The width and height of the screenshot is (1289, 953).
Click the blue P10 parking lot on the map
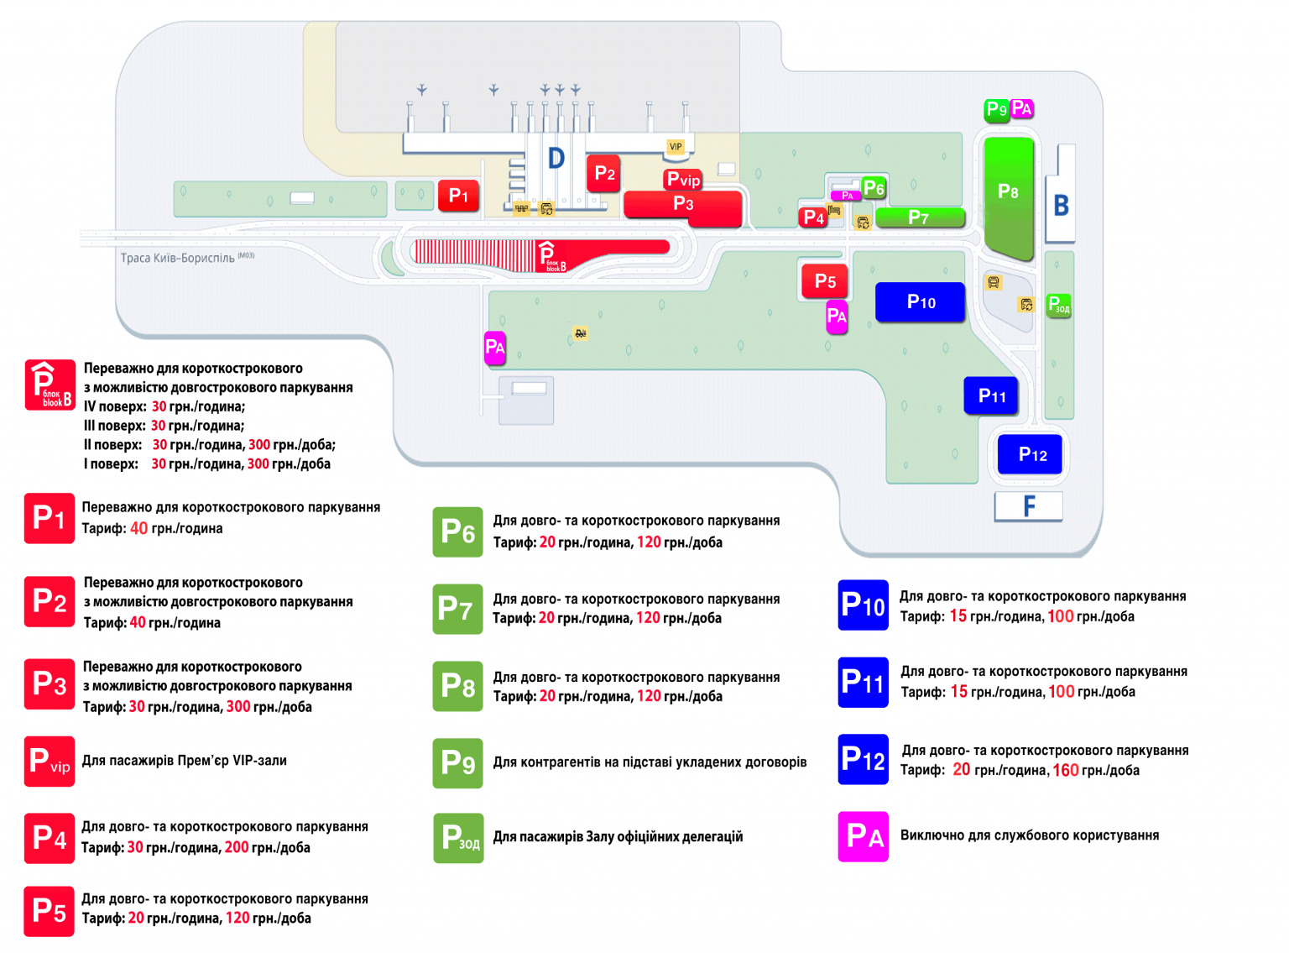tap(920, 302)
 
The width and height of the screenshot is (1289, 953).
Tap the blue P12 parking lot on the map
tap(1030, 454)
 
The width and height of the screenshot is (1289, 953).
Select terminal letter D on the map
tap(556, 158)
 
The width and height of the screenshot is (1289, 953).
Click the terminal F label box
tap(1028, 506)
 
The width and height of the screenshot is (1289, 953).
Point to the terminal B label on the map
tap(1061, 205)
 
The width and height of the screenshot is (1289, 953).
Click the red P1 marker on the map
tap(458, 196)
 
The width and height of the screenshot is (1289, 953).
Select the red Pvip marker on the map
tap(683, 180)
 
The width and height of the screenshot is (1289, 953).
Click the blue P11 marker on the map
tap(991, 395)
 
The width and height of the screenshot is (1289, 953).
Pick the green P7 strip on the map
tap(920, 218)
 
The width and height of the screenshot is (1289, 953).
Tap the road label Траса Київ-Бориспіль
tap(177, 258)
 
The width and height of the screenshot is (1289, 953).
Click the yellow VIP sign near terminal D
tap(676, 147)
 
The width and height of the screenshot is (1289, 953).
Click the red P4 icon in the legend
tap(50, 838)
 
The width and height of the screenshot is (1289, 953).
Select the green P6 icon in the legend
tap(458, 532)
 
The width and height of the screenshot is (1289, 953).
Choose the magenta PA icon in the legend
tap(863, 836)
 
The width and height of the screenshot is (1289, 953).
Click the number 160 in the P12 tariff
tap(1065, 770)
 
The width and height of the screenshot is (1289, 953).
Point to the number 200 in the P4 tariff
tap(237, 847)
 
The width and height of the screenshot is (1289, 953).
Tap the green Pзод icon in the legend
tap(458, 838)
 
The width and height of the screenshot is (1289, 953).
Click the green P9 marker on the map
tap(996, 109)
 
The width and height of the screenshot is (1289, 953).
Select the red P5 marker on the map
tap(824, 281)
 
